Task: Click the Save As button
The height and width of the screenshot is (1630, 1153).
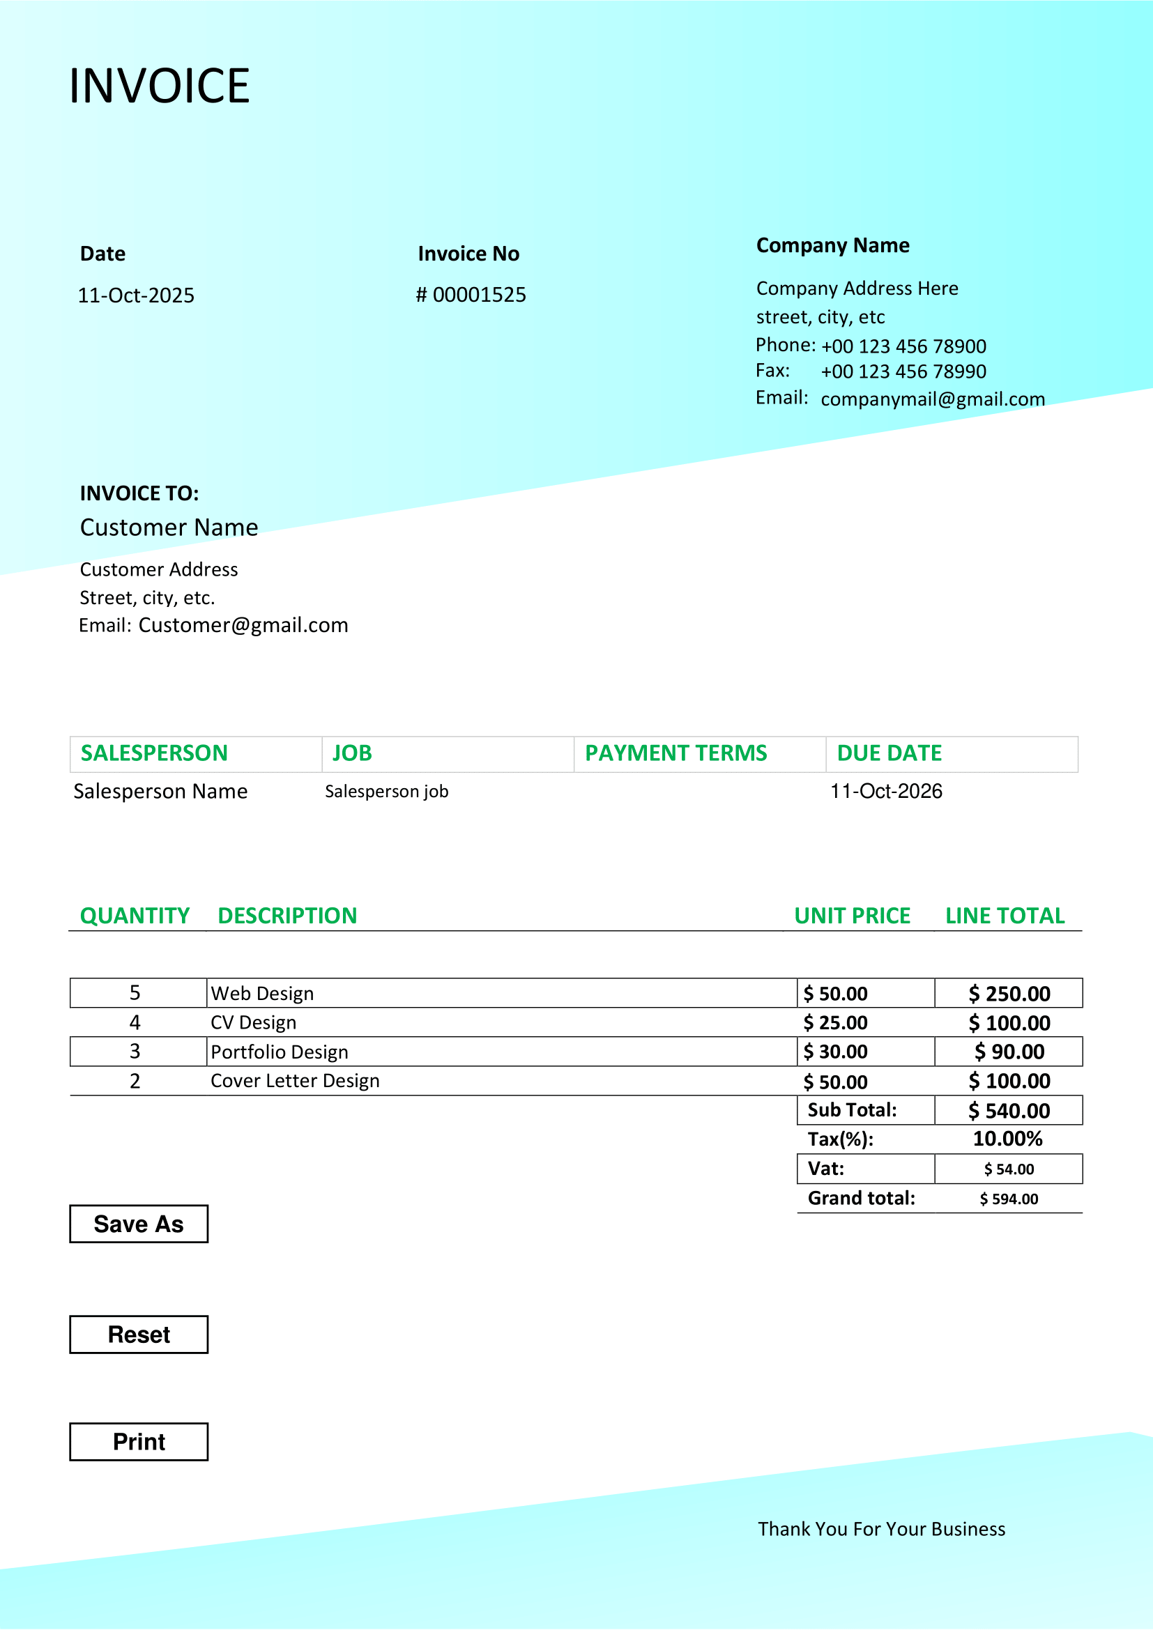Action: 139,1224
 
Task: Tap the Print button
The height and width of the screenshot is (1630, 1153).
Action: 139,1442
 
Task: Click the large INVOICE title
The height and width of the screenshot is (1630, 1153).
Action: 159,86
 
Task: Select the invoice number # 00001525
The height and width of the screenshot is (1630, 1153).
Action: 471,295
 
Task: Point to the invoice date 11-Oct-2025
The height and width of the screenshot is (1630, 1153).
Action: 136,295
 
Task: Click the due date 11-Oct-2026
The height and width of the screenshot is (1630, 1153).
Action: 886,791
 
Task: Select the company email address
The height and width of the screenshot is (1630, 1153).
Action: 932,399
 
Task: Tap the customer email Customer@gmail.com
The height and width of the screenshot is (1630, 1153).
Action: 243,624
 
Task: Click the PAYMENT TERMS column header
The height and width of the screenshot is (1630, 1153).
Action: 675,753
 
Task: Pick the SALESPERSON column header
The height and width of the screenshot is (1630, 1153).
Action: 154,753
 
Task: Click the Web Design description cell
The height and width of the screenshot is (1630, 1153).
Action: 262,993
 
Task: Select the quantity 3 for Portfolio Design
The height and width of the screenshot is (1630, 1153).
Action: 135,1052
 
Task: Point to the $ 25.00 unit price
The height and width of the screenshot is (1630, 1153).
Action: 835,1022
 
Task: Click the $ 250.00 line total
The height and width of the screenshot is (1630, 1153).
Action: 1009,993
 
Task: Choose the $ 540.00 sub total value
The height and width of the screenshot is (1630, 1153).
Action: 1009,1110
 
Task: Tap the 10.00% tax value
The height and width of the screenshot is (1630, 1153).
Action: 1007,1139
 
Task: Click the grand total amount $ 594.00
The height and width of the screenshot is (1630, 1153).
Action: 1009,1199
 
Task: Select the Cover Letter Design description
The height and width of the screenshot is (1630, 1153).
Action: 295,1081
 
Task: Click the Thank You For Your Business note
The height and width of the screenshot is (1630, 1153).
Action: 881,1529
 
